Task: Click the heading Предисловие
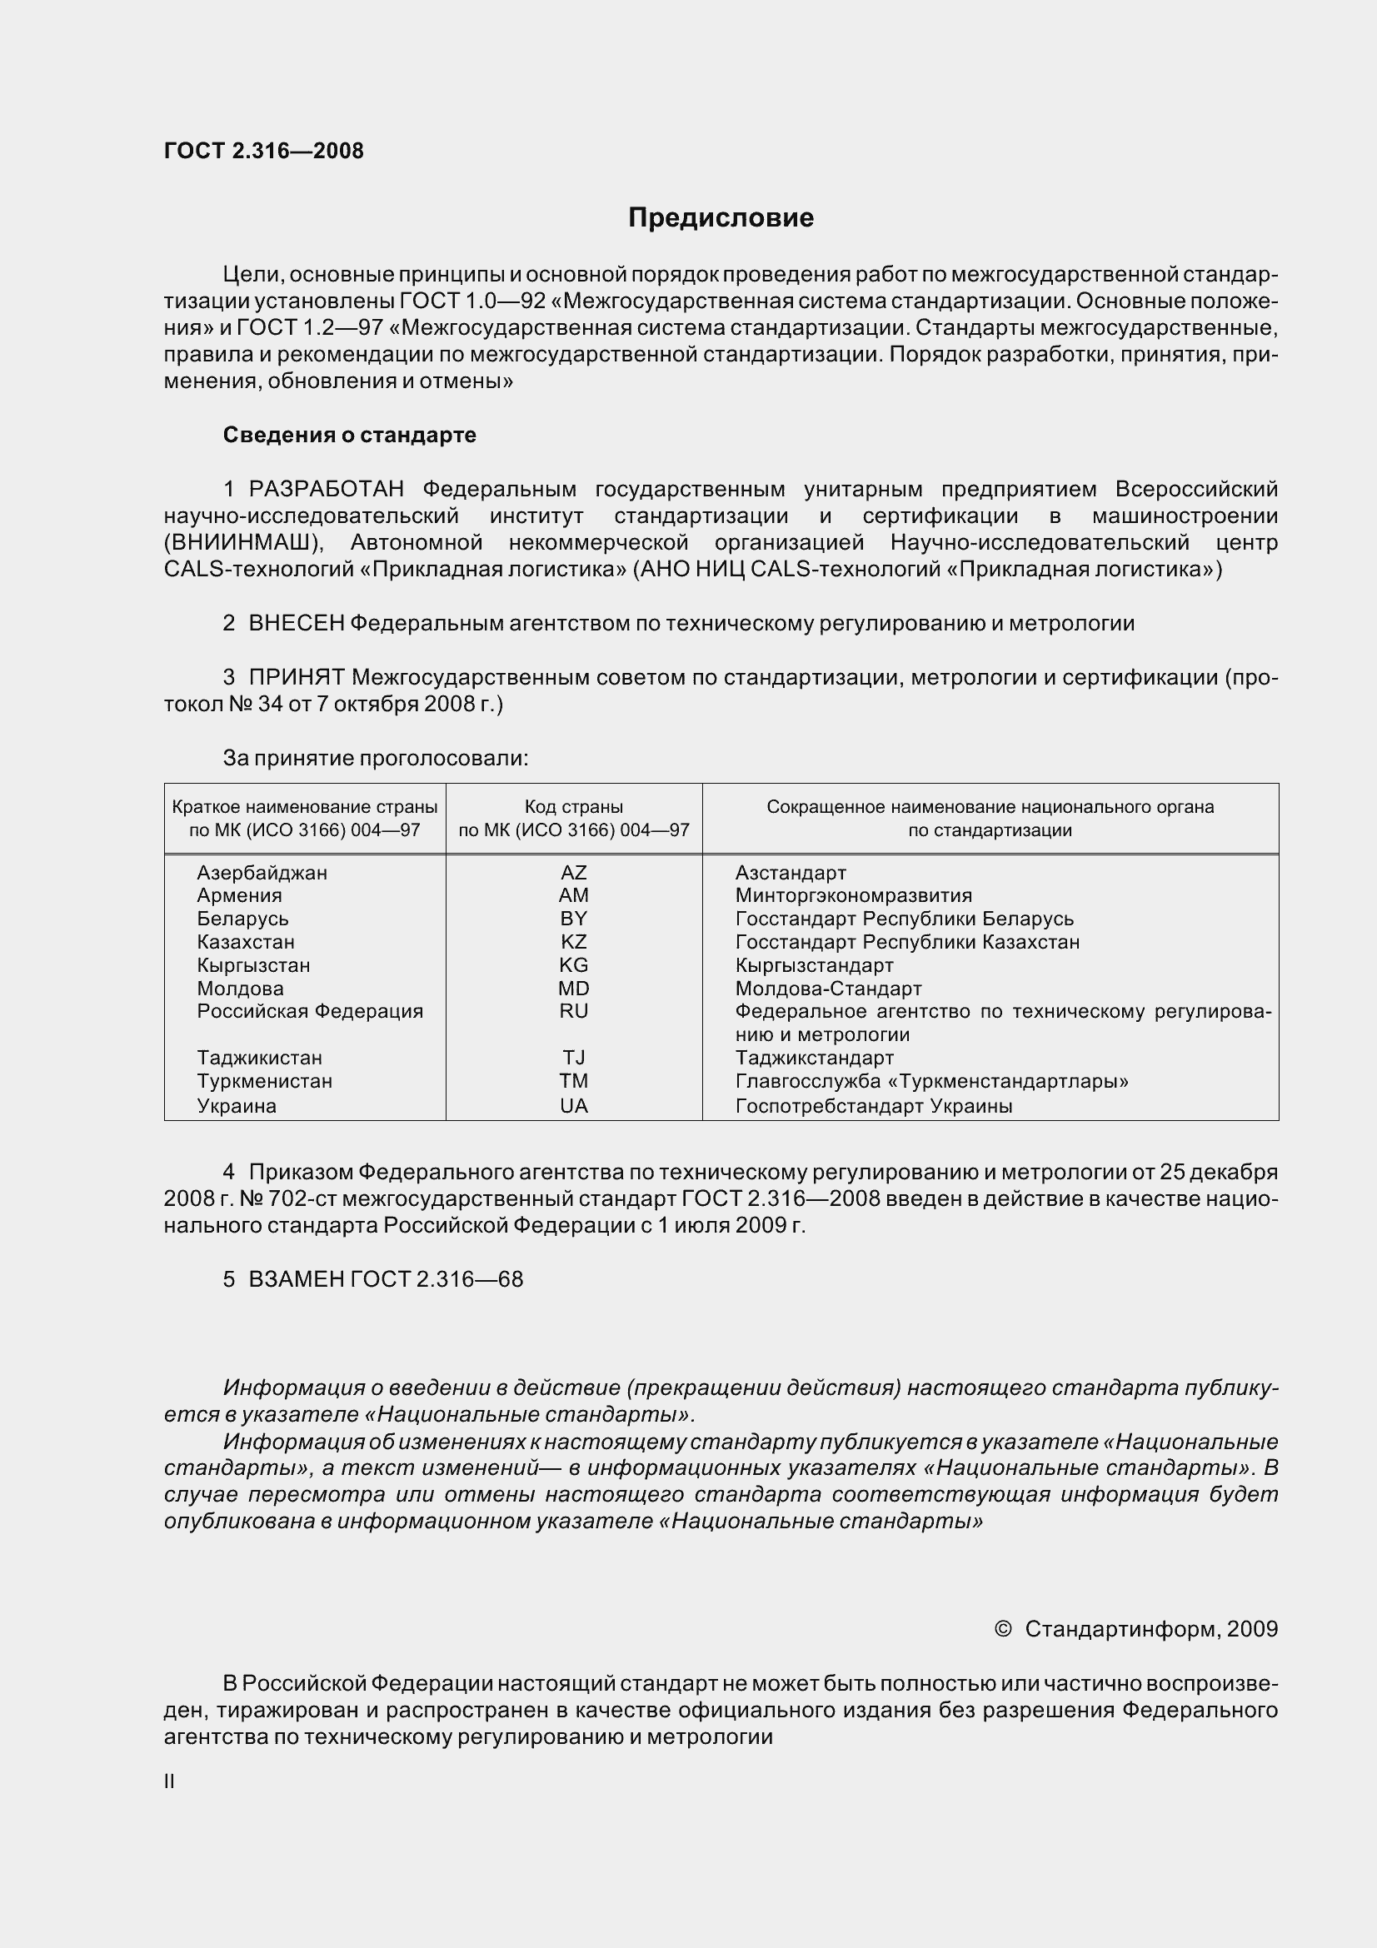(721, 218)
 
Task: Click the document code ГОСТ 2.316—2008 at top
(264, 151)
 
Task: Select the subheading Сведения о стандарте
(350, 436)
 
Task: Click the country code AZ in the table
(573, 872)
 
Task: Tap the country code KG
(573, 965)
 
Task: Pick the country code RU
(573, 1011)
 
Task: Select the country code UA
(573, 1105)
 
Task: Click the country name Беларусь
(242, 919)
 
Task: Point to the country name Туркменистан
(265, 1082)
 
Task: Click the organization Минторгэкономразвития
(854, 896)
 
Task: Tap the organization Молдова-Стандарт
(828, 989)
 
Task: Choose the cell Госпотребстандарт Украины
(874, 1105)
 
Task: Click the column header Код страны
(573, 807)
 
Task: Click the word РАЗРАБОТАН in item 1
(326, 490)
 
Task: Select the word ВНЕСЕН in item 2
(296, 624)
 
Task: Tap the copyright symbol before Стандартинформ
(1003, 1629)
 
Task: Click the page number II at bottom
(170, 1782)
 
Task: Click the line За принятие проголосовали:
(375, 759)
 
